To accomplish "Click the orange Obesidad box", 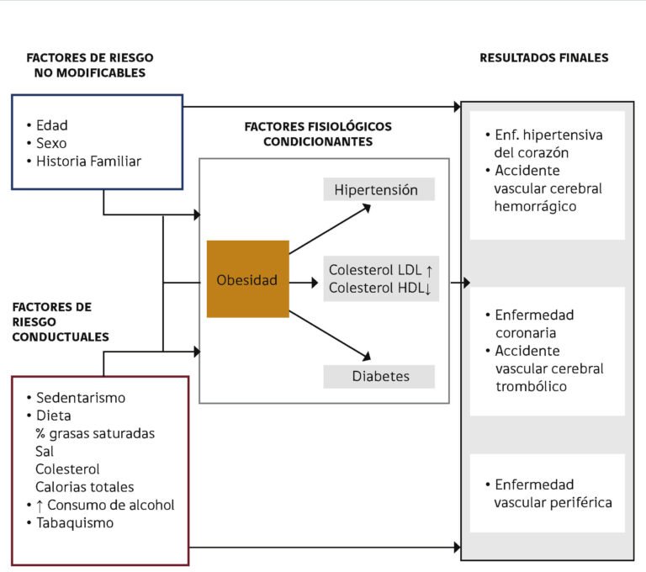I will coord(247,280).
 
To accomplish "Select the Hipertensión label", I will coord(376,190).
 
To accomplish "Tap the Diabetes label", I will coord(380,376).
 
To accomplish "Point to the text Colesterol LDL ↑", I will coord(380,270).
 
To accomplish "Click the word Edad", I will coord(51,125).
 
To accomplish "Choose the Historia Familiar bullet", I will coord(88,161).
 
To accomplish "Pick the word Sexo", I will coord(51,143).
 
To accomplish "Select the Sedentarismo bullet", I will coord(80,398).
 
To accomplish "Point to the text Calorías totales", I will coord(84,487).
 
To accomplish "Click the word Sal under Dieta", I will coord(45,451).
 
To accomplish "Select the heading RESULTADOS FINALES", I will coord(543,58).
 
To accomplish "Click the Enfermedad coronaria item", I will coord(534,324).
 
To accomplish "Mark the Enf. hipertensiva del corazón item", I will coord(548,144).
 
